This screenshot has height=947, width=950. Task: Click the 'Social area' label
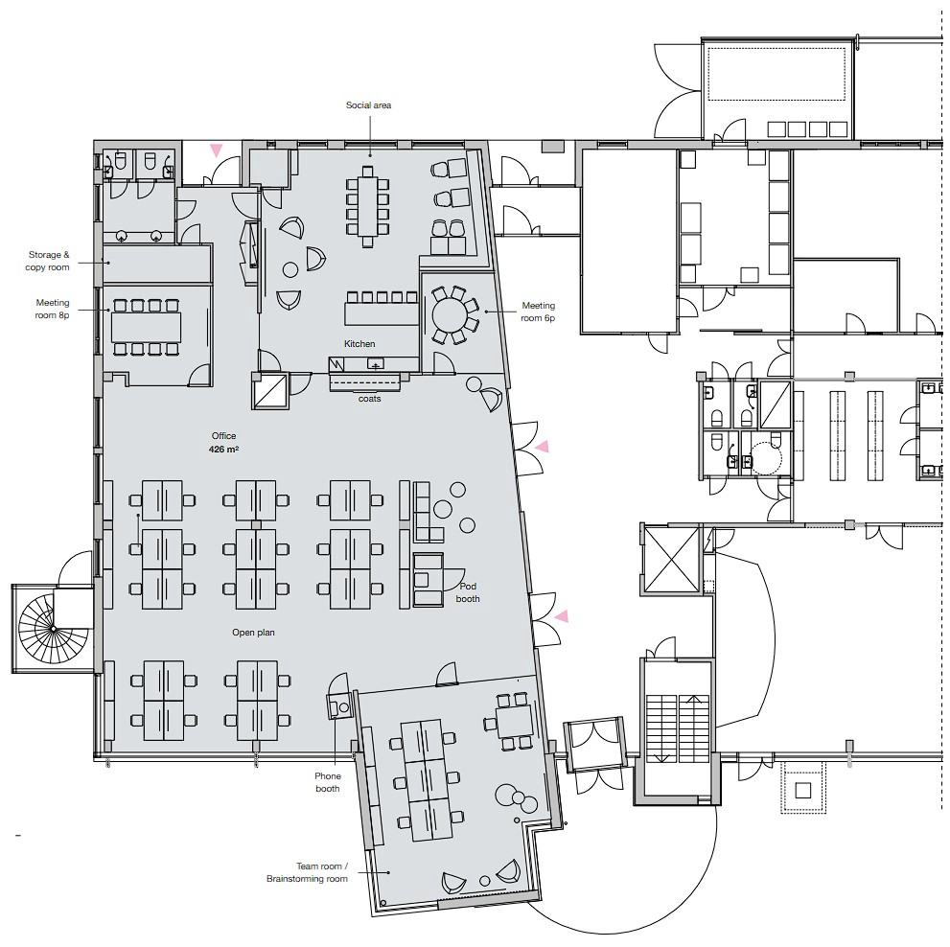click(x=368, y=105)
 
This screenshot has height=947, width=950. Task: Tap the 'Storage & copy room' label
click(x=48, y=261)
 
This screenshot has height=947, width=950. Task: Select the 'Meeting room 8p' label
click(x=52, y=309)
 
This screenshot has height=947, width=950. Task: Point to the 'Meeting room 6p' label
click(x=538, y=312)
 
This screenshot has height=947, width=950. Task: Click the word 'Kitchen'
click(x=359, y=344)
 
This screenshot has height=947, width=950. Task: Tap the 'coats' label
click(x=370, y=399)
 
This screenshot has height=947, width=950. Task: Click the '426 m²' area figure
click(x=223, y=450)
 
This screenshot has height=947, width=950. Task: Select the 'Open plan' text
click(x=253, y=633)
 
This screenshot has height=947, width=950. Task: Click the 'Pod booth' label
click(x=468, y=592)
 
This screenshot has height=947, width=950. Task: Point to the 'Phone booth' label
click(x=327, y=782)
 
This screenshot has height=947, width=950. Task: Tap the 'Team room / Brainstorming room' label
click(x=307, y=872)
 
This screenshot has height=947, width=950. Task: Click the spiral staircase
click(x=54, y=629)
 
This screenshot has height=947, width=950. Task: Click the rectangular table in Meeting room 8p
click(x=146, y=328)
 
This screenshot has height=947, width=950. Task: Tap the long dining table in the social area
click(x=367, y=206)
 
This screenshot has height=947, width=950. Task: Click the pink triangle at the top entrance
click(x=216, y=150)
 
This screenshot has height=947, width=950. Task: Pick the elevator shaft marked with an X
click(x=672, y=558)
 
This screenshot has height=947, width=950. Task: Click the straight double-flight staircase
click(x=678, y=728)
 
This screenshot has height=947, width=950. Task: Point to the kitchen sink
click(x=376, y=364)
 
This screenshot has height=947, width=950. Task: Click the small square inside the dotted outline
click(x=802, y=791)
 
